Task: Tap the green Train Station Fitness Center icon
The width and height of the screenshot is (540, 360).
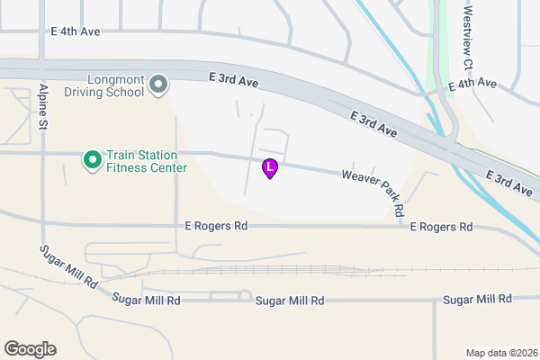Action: (92, 160)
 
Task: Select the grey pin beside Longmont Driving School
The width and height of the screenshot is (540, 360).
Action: (158, 85)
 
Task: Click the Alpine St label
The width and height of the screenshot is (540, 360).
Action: (42, 106)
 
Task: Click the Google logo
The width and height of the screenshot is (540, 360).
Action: (30, 349)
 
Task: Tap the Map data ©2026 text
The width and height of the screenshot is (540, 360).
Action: (499, 353)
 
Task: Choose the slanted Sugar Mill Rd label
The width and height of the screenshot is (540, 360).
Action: (68, 267)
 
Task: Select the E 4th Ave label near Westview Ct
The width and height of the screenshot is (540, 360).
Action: (473, 83)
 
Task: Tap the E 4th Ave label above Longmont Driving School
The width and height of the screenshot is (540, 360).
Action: (76, 31)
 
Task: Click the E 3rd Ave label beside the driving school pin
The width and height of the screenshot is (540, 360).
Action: (233, 81)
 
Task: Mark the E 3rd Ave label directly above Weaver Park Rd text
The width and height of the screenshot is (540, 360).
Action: (373, 124)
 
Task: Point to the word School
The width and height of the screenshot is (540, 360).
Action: (125, 92)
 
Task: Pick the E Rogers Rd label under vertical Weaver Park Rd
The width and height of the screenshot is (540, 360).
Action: (441, 227)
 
